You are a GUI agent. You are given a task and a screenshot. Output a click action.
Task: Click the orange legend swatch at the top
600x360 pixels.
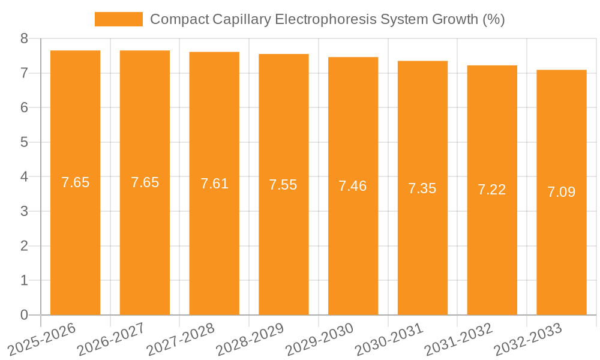118,19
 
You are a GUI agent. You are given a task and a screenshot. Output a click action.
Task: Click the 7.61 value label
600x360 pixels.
214,184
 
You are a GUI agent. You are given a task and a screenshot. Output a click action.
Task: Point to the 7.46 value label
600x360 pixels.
353,186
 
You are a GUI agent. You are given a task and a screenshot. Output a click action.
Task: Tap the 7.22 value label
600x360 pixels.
491,190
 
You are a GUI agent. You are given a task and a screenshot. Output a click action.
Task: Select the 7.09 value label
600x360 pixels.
561,192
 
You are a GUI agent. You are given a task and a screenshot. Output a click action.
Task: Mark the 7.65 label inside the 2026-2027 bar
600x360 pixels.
145,182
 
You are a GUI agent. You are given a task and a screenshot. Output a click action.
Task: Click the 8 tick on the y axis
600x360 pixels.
24,39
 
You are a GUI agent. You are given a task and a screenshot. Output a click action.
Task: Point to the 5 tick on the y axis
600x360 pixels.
24,142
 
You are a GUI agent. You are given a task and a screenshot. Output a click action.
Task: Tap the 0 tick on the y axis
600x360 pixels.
24,315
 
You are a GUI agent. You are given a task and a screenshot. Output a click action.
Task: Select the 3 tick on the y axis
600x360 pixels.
24,211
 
